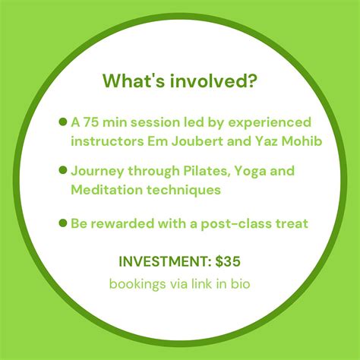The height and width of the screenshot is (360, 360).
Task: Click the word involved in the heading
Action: tap(213, 81)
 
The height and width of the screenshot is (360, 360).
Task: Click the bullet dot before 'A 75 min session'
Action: tap(63, 122)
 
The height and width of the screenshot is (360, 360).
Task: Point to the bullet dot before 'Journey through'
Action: tap(63, 170)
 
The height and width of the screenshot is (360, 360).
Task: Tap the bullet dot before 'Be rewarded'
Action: tap(63, 223)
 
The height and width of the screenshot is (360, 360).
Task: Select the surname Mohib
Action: tap(302, 141)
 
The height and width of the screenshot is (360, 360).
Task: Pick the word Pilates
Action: tap(207, 171)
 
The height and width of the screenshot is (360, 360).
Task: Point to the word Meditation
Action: tap(107, 190)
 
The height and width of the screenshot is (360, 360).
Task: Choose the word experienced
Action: tap(270, 123)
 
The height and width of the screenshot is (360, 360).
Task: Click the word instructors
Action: tap(107, 141)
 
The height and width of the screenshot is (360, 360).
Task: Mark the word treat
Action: tap(292, 223)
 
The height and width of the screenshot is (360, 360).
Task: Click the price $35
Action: tap(228, 261)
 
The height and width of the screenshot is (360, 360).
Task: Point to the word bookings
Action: tap(137, 284)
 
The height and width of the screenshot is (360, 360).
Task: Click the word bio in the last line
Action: tap(241, 283)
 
